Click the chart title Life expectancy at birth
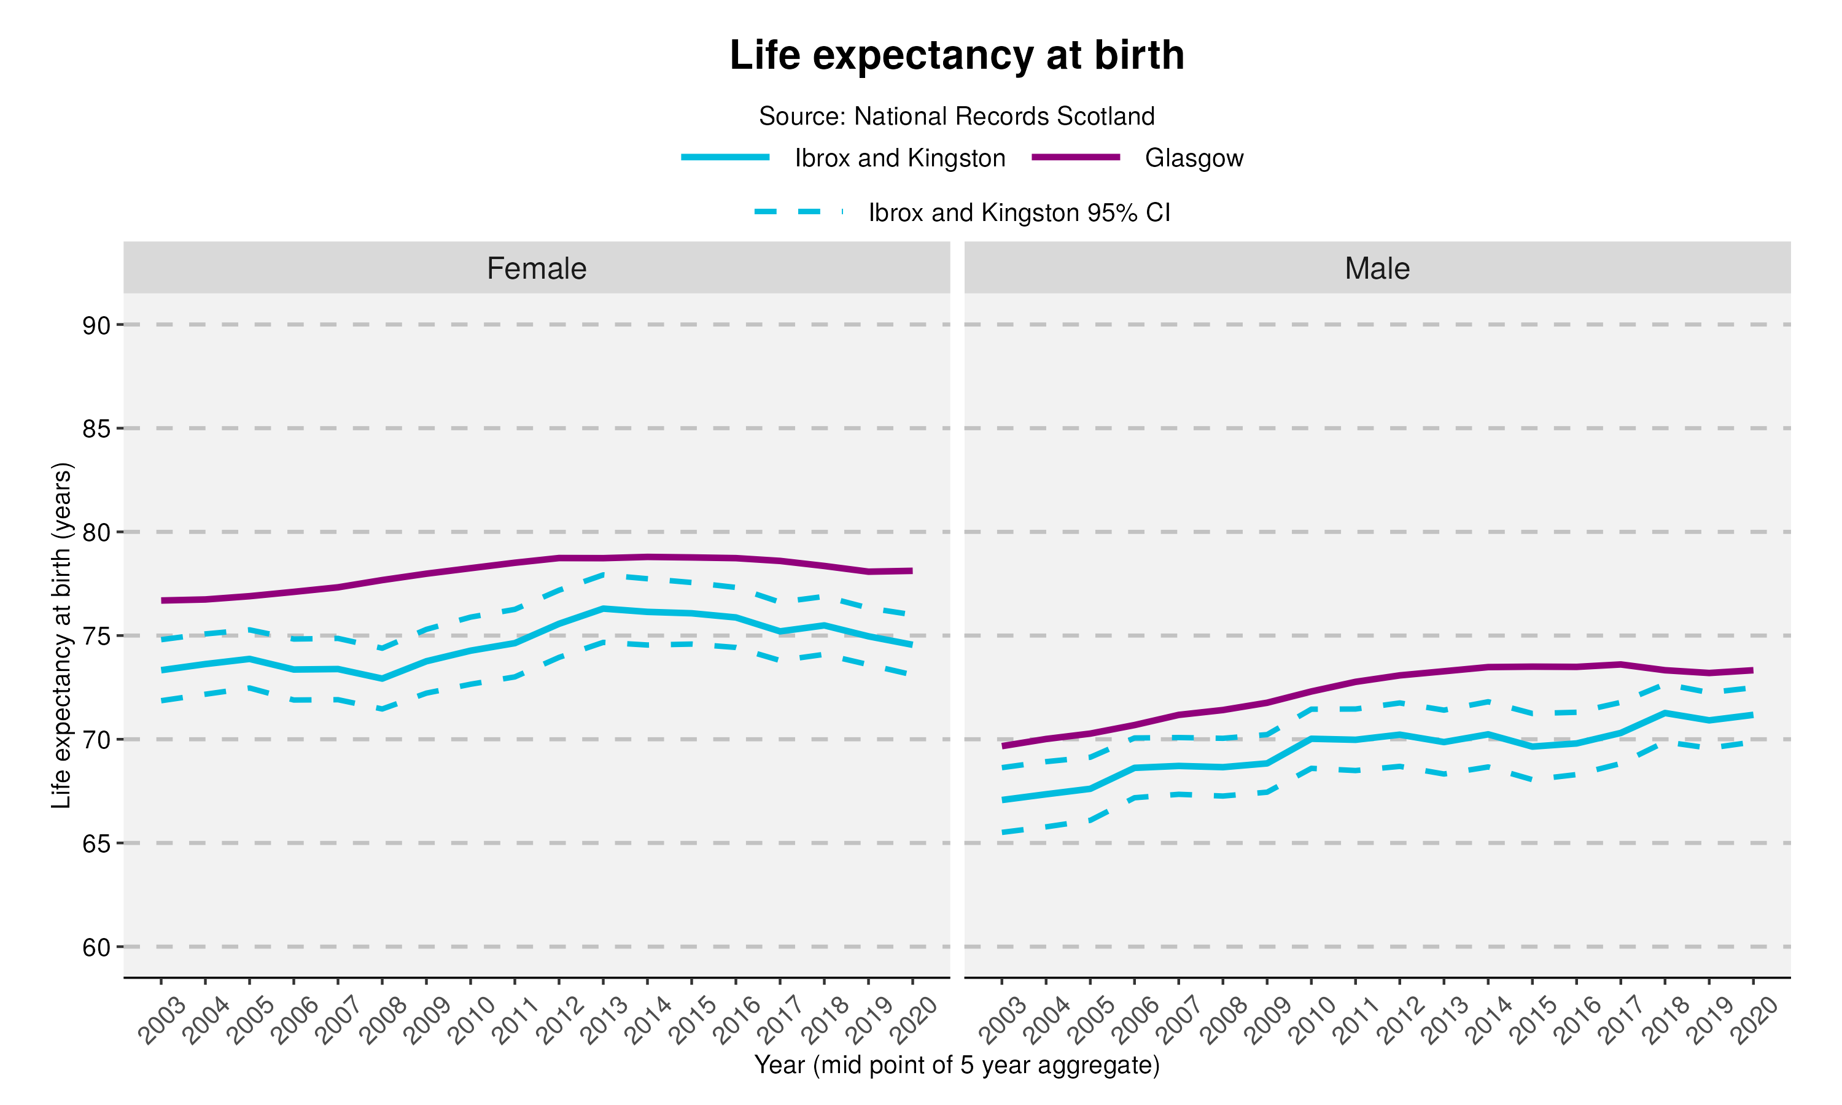point(957,55)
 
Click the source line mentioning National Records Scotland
point(957,116)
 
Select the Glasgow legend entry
point(1194,158)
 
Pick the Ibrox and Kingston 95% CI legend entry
point(1019,213)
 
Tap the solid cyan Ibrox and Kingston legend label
point(900,158)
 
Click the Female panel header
point(536,268)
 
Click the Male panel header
point(1377,268)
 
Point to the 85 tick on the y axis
point(97,429)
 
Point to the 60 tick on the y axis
point(97,947)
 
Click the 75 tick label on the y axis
point(97,637)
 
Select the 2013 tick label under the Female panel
point(604,1021)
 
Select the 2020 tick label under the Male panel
point(1754,1021)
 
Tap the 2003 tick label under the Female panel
point(161,1021)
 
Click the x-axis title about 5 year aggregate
point(957,1065)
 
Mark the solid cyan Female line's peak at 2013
point(603,608)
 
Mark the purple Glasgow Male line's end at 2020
point(1752,670)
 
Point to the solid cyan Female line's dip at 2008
point(382,678)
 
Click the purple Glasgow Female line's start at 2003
point(162,600)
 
